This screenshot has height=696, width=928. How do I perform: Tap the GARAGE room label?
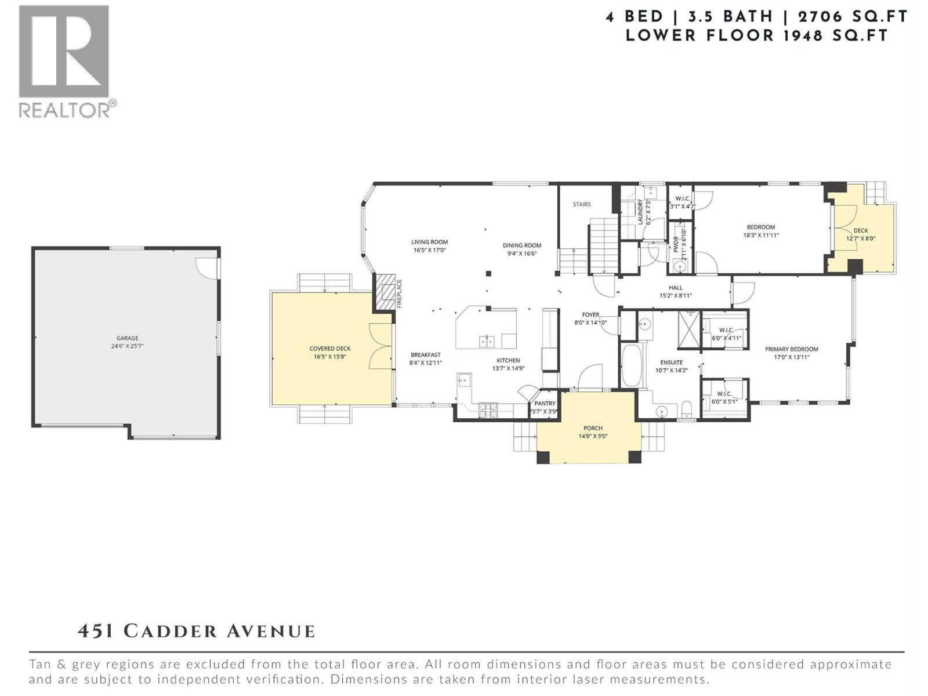(128, 338)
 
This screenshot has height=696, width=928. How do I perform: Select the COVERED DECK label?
(329, 349)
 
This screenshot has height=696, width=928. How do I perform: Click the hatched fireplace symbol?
(383, 293)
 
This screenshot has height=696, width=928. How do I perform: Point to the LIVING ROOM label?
(429, 242)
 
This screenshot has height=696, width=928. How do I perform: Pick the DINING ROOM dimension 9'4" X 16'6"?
(522, 253)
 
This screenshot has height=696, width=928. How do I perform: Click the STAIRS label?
(581, 204)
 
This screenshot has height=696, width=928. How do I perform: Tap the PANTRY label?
(545, 403)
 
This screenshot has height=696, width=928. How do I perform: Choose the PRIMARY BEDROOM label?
(791, 349)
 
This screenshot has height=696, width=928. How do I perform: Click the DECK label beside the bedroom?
(860, 230)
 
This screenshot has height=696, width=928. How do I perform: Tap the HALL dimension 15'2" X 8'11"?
(675, 296)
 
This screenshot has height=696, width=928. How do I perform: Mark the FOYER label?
(590, 315)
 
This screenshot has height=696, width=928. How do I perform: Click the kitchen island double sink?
(487, 342)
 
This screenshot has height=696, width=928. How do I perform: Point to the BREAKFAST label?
(426, 355)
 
